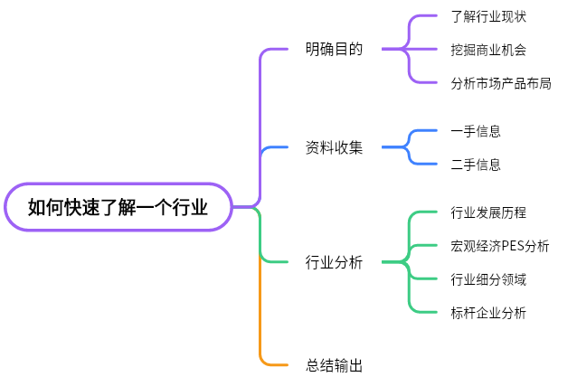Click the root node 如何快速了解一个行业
[118, 207]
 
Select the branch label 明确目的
[334, 49]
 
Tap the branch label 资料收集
[334, 147]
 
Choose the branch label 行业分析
[334, 262]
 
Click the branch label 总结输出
[334, 365]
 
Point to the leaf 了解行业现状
[487, 16]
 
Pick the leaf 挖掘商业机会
[487, 49]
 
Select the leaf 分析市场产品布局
[500, 83]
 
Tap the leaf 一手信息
[475, 131]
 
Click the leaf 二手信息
[475, 165]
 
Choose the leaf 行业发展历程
[487, 212]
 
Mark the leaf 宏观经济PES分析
[499, 246]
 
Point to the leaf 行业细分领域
[487, 279]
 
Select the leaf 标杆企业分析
[487, 313]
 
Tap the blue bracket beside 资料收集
[410, 147]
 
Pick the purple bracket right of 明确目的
[410, 49]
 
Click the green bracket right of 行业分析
[410, 262]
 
